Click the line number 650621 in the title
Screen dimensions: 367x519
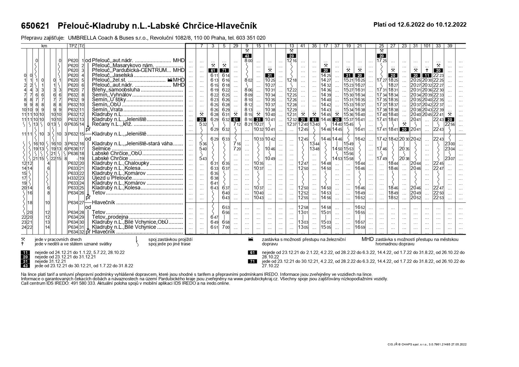35,26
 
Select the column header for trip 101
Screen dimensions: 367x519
427,46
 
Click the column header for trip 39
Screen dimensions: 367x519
450,46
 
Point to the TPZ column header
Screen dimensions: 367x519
73,46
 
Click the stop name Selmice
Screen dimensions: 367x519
102,148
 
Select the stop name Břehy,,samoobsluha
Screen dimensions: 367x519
116,90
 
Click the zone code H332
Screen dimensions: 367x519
72,178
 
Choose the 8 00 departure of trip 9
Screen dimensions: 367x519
248,60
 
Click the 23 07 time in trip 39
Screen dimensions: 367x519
450,158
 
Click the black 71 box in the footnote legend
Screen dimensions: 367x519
252,261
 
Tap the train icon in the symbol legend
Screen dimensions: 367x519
250,239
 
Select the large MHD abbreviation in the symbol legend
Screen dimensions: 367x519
368,239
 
